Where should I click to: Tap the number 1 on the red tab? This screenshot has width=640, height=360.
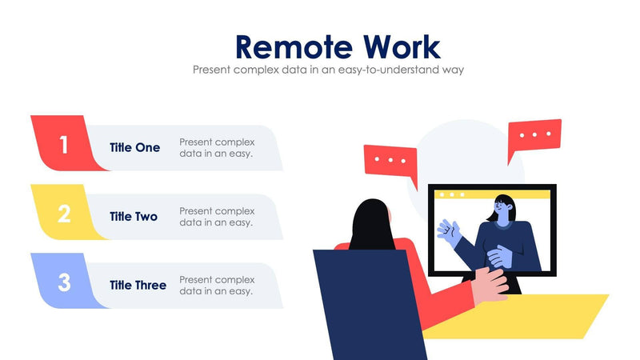tap(64, 145)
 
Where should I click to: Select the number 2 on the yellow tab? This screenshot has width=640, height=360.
tap(64, 214)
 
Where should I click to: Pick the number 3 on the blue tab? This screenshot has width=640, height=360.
tap(64, 282)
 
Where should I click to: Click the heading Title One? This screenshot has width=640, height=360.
tap(134, 147)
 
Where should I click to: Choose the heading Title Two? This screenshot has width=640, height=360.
tap(134, 216)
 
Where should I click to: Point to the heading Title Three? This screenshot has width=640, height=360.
tap(138, 285)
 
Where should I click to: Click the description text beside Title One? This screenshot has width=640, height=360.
tap(217, 147)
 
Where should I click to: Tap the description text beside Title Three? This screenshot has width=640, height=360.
tap(217, 285)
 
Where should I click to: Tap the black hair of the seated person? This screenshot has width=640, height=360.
tap(371, 224)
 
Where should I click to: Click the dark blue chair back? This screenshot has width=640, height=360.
tap(368, 304)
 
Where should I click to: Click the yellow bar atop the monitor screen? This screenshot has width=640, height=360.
tap(492, 194)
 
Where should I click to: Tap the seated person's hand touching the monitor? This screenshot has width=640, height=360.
tap(490, 285)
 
